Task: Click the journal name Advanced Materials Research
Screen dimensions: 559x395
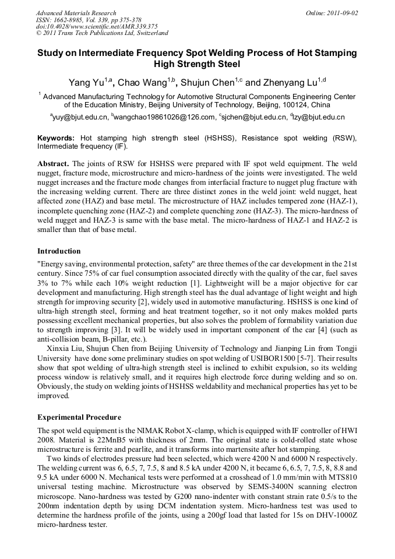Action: [76, 13]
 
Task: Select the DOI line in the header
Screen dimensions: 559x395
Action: [97, 26]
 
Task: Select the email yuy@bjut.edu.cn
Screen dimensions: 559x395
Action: [79, 117]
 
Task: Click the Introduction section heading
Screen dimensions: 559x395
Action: [59, 251]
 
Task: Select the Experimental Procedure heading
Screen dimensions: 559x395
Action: [79, 417]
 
